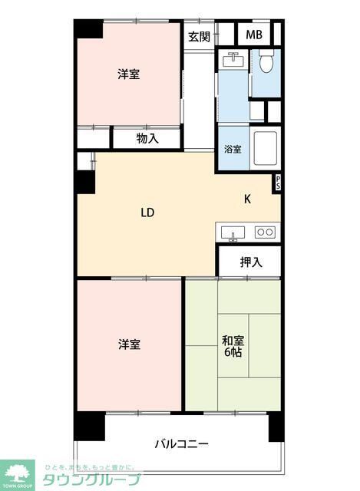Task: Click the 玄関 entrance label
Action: click(199, 37)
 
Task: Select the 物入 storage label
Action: click(147, 139)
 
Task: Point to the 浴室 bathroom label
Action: click(233, 149)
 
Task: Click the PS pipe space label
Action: click(278, 183)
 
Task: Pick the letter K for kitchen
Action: click(247, 199)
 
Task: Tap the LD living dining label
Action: click(148, 213)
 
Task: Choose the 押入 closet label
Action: click(250, 262)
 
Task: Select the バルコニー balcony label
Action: click(181, 443)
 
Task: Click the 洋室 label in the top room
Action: click(128, 74)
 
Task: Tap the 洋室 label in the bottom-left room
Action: click(129, 344)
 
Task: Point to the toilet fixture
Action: click(266, 61)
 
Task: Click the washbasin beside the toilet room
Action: click(233, 61)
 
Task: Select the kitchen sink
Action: click(232, 232)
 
